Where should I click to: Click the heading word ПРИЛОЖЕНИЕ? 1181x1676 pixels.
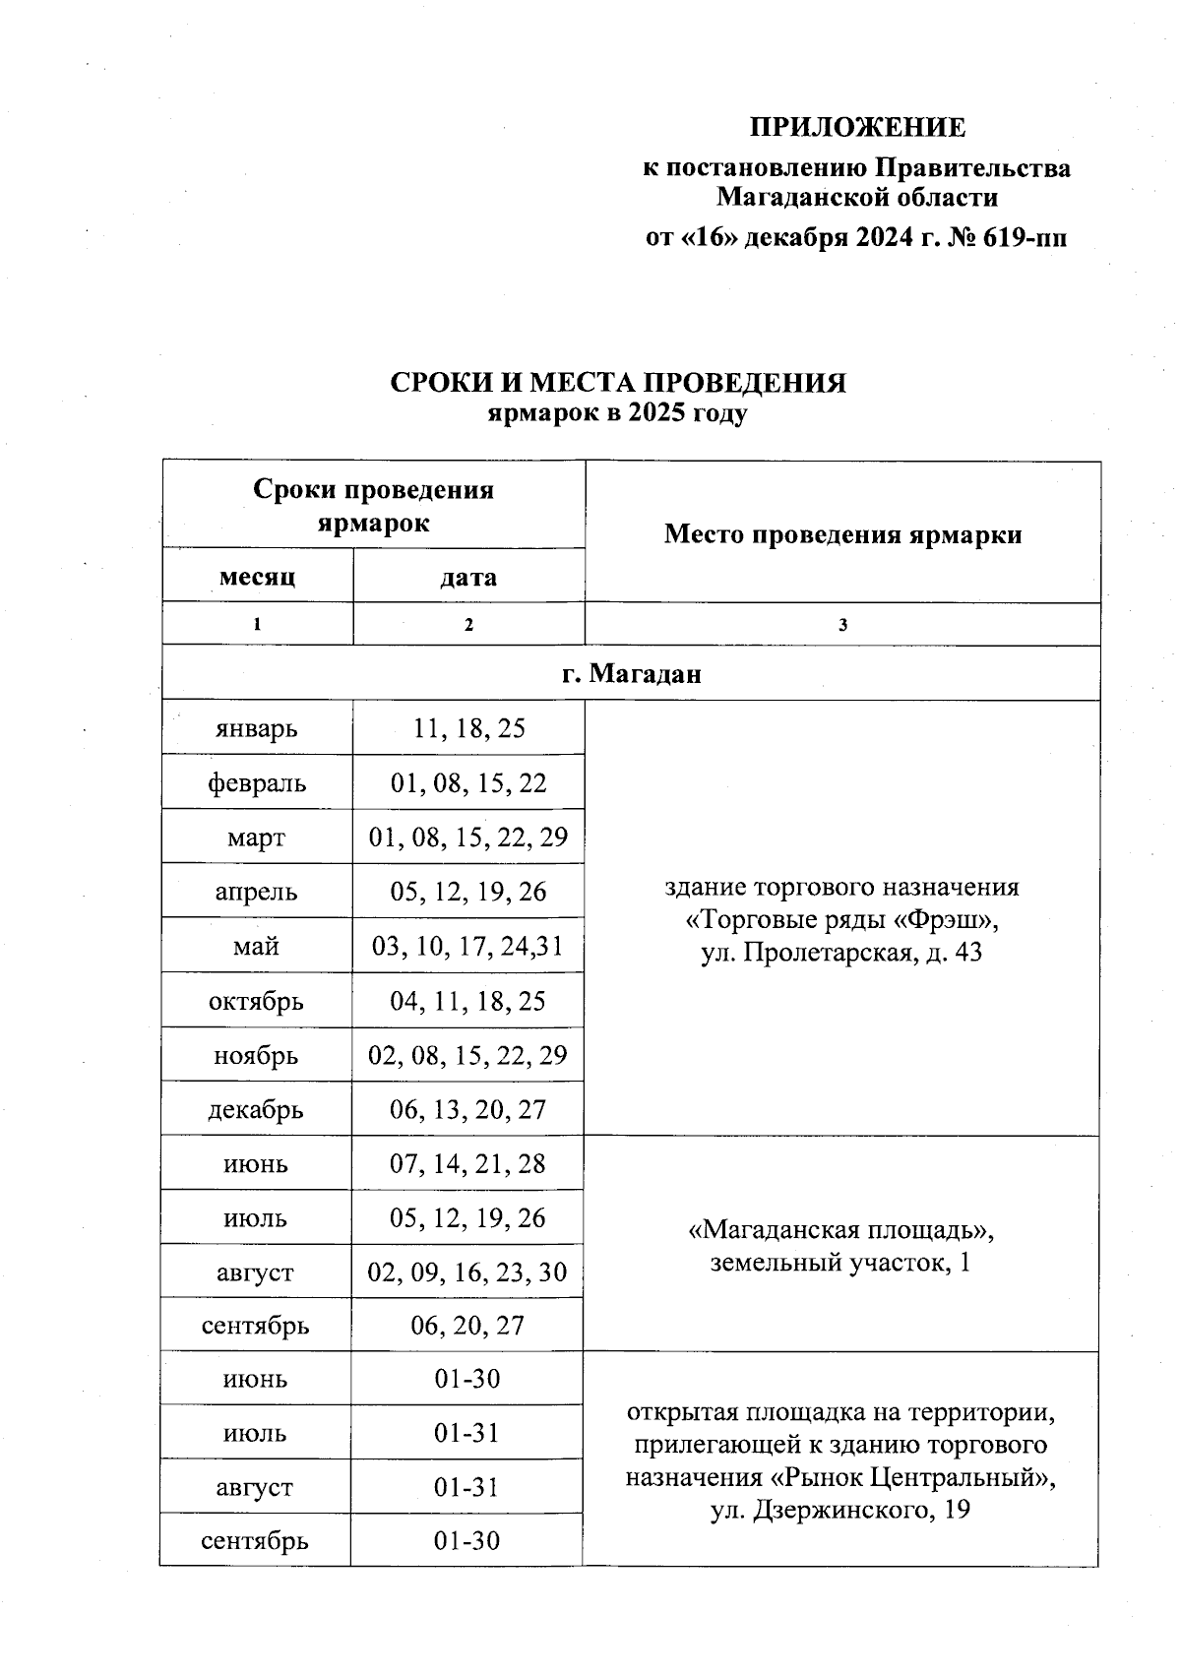point(857,128)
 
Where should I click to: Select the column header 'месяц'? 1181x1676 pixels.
point(257,577)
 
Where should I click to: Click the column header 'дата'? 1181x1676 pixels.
point(468,577)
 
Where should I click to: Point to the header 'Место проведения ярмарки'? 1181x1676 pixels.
point(842,534)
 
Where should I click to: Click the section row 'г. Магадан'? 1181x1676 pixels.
point(631,674)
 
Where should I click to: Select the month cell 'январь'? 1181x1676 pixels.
point(257,729)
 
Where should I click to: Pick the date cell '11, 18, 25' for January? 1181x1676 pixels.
point(468,729)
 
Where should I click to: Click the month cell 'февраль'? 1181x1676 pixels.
point(257,783)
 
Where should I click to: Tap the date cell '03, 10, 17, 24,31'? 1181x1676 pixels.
point(468,947)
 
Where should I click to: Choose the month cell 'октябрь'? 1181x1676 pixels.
point(257,1002)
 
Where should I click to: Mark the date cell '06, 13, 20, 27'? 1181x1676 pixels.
point(468,1110)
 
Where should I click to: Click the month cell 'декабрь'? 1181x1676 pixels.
point(257,1110)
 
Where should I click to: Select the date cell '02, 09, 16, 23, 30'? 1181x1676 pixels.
point(468,1273)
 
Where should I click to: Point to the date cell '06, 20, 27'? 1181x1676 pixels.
point(468,1326)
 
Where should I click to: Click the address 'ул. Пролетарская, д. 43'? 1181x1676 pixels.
point(841,953)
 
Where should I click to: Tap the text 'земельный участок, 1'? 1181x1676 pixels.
point(841,1263)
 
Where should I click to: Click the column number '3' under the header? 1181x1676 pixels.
point(842,625)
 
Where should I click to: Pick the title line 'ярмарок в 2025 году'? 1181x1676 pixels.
point(618,413)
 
